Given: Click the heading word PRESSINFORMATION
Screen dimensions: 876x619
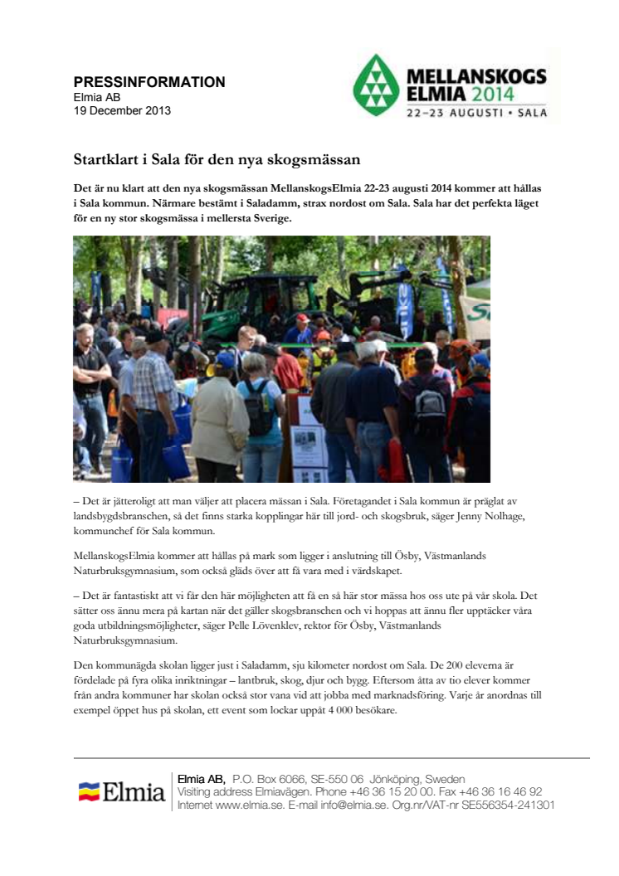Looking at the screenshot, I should click(x=149, y=82).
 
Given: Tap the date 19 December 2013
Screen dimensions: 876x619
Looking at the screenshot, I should click(x=122, y=110).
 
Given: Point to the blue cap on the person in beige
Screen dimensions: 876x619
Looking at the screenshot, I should click(x=225, y=360).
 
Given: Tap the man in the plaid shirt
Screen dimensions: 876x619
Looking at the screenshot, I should click(x=154, y=390).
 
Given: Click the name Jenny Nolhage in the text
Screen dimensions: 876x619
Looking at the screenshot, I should click(x=470, y=517).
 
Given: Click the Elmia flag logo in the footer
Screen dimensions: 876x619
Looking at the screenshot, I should click(x=90, y=792).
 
